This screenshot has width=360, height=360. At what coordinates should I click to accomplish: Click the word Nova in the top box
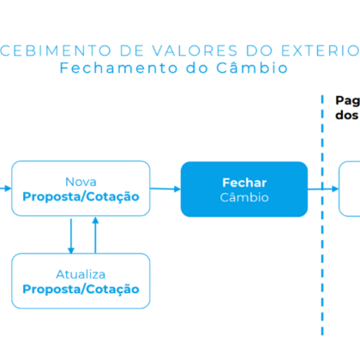tap(81, 182)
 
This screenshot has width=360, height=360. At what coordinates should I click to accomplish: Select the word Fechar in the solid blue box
tap(244, 183)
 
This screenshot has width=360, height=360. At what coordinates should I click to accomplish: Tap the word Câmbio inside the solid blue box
tap(244, 197)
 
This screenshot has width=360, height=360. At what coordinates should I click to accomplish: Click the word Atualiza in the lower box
tap(81, 274)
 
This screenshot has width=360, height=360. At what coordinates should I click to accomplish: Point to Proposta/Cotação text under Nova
tap(81, 197)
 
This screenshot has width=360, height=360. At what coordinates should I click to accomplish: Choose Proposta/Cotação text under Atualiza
tap(81, 290)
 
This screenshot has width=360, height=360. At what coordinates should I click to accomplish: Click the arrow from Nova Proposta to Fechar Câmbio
tap(165, 189)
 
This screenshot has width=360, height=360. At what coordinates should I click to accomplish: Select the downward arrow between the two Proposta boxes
tap(71, 236)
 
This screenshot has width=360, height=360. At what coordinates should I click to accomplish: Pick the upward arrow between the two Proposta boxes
tap(95, 235)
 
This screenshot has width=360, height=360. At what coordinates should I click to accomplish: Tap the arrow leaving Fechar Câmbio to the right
tap(323, 189)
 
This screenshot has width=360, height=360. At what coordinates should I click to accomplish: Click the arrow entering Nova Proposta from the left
tap(5, 189)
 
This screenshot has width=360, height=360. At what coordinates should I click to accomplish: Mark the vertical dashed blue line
tap(322, 215)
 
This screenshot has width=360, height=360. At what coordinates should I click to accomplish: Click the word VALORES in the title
tap(195, 51)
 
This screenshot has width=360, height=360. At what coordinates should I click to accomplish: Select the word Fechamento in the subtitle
tap(119, 68)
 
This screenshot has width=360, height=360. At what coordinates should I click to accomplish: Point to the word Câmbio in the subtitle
tap(252, 68)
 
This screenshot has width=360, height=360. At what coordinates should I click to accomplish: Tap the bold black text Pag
tap(348, 101)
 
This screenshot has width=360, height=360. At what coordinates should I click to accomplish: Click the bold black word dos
tap(347, 115)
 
